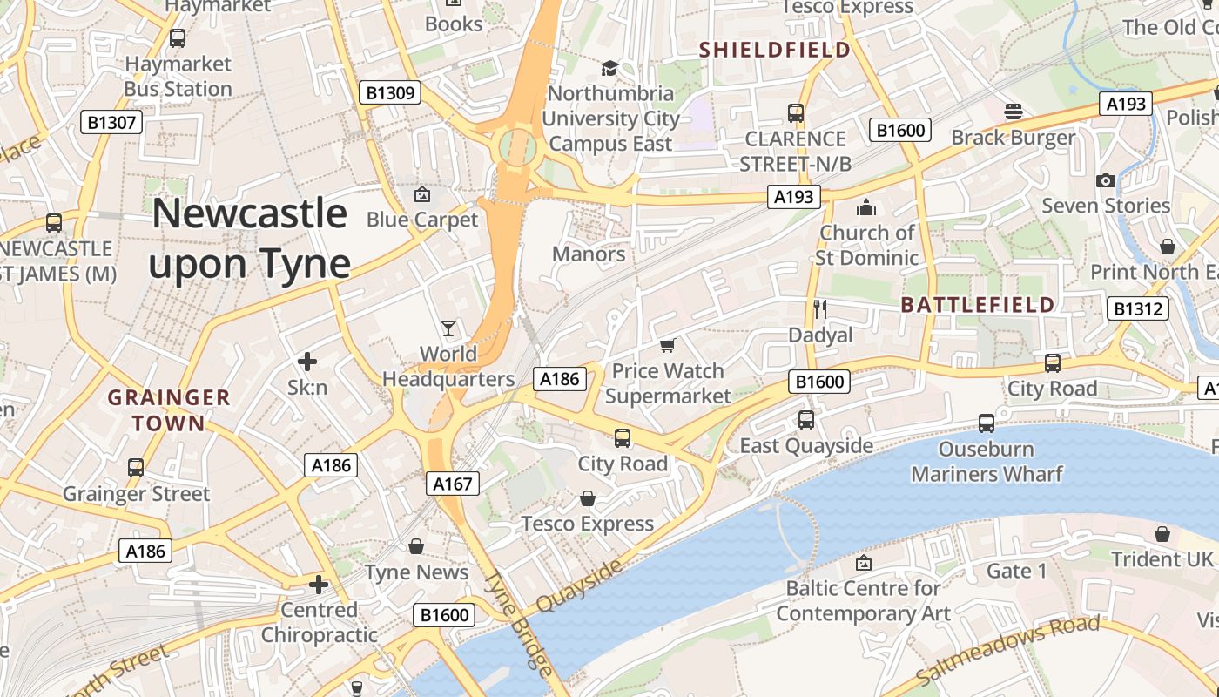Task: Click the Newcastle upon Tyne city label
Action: (250, 238)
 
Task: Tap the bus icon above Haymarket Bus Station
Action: (178, 38)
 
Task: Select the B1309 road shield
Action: (390, 92)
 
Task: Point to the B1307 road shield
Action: (112, 122)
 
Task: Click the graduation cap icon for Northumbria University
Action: (609, 68)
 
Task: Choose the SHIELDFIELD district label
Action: (775, 51)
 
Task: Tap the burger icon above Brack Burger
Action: (1013, 112)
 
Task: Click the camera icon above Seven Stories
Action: (1106, 180)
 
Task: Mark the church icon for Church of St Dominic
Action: (866, 207)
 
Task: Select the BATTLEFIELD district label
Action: (978, 305)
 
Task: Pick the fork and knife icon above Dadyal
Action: (819, 308)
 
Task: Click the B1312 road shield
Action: (1138, 308)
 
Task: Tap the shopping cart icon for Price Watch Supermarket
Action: (667, 346)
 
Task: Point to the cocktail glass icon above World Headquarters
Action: (448, 328)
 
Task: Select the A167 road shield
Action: (452, 483)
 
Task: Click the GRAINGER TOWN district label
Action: (157, 411)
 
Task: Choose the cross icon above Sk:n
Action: (307, 361)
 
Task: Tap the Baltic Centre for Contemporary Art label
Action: (863, 601)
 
